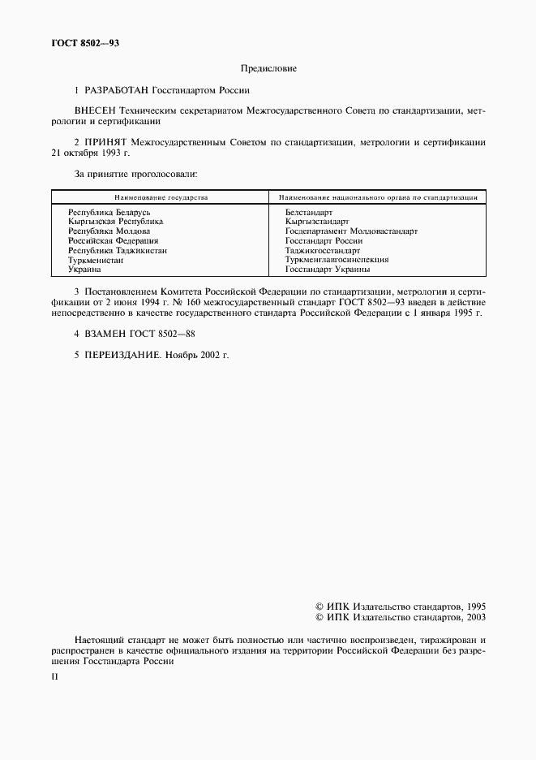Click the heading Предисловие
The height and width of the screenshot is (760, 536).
pyautogui.click(x=268, y=69)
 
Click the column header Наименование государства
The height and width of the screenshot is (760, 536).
pyautogui.click(x=161, y=196)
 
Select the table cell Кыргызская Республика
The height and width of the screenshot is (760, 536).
pyautogui.click(x=116, y=221)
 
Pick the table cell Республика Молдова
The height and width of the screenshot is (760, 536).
pyautogui.click(x=109, y=231)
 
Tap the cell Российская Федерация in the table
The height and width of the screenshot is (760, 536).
pyautogui.click(x=114, y=240)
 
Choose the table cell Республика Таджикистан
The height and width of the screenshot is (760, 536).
pyautogui.click(x=118, y=250)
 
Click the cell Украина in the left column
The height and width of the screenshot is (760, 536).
pyautogui.click(x=85, y=269)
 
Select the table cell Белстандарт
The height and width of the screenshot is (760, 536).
pyautogui.click(x=309, y=212)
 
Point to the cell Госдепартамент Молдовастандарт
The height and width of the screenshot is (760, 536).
pyautogui.click(x=351, y=231)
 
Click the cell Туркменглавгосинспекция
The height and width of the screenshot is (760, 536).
pyautogui.click(x=337, y=260)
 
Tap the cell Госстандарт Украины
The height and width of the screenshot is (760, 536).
pyautogui.click(x=328, y=269)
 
